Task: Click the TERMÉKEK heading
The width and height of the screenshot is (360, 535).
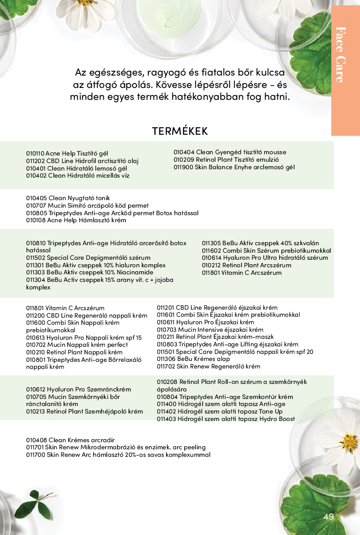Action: pyautogui.click(x=180, y=131)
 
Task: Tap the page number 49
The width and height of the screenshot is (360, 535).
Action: pyautogui.click(x=328, y=517)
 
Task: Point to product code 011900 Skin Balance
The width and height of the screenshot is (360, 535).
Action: pyautogui.click(x=182, y=167)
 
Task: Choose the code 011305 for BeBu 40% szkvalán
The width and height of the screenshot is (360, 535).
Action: pyautogui.click(x=211, y=243)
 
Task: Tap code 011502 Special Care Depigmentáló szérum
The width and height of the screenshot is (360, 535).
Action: pyautogui.click(x=35, y=258)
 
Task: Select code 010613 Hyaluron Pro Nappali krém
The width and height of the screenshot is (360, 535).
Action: pyautogui.click(x=35, y=338)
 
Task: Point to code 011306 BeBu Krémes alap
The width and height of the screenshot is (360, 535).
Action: pyautogui.click(x=166, y=359)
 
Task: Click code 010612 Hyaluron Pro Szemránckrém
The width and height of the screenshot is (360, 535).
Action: pyautogui.click(x=35, y=389)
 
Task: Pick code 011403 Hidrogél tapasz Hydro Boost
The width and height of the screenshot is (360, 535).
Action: pyautogui.click(x=166, y=419)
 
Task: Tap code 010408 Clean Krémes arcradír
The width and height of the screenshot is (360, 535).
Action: pyautogui.click(x=35, y=440)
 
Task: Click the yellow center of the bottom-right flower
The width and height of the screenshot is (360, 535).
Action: pyautogui.click(x=351, y=442)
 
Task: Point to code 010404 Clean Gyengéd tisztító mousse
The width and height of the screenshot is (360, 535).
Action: pyautogui.click(x=182, y=152)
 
